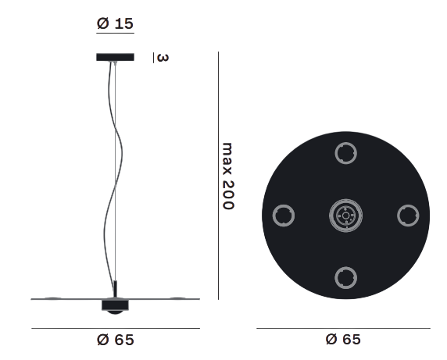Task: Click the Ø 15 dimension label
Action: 115,23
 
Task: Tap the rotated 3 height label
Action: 163,58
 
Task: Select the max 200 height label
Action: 228,176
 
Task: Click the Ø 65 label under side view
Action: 115,340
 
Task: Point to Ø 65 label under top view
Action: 343,339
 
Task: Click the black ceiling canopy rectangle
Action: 115,57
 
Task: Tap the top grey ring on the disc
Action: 345,153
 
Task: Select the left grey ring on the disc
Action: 284,216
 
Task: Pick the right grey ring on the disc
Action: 408,216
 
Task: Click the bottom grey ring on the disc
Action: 345,278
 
